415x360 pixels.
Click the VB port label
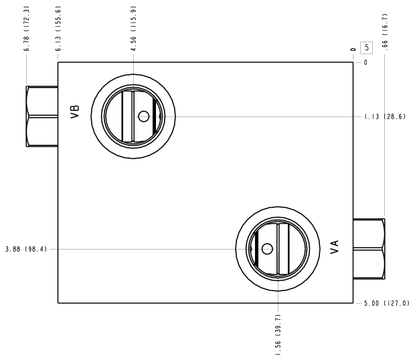(75, 112)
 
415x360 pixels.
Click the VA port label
(335, 247)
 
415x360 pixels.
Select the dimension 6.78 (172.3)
(26, 29)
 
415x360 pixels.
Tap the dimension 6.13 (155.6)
(58, 29)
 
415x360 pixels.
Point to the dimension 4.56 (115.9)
(133, 29)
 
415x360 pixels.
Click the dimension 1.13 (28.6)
(385, 116)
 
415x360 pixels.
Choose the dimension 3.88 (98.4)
(26, 249)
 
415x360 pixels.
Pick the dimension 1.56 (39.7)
(278, 335)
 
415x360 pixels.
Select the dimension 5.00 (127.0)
(387, 303)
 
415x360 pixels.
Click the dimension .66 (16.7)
(385, 32)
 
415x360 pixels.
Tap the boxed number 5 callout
(366, 48)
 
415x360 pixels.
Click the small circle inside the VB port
(144, 116)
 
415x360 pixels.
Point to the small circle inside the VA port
(267, 249)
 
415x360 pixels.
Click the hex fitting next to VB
(42, 116)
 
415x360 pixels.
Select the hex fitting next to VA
(369, 249)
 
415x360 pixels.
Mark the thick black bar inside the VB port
(155, 116)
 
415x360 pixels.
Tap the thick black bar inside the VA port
(256, 249)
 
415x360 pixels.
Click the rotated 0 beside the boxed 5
(353, 50)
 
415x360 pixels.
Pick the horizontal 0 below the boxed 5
(365, 62)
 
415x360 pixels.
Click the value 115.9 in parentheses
(133, 19)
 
